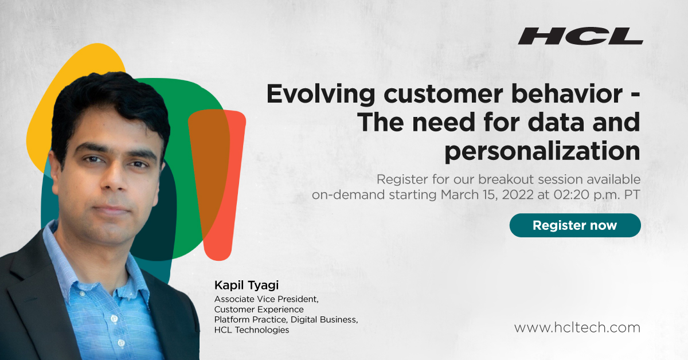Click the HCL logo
[x=580, y=36]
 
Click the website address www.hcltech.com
[x=577, y=328]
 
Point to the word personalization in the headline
[x=542, y=151]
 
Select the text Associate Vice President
[x=266, y=299]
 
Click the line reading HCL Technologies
[x=251, y=330]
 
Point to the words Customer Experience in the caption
[x=259, y=309]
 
